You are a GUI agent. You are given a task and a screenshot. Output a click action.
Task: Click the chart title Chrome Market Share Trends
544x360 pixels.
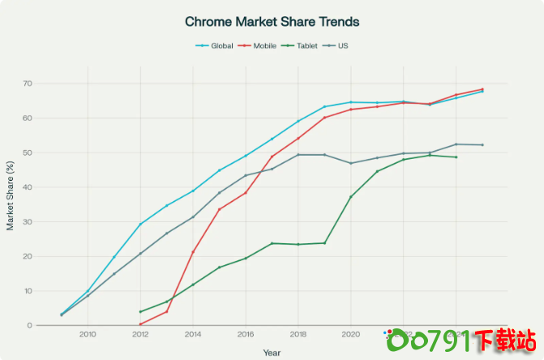point(272,21)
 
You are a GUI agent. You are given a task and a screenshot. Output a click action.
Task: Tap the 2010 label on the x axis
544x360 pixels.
point(88,334)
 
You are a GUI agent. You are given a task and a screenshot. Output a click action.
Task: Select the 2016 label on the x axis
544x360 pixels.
point(246,334)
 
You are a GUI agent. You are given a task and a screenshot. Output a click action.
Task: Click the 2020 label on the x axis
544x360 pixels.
point(351,334)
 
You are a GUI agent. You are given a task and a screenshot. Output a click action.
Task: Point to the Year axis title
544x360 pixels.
point(272,353)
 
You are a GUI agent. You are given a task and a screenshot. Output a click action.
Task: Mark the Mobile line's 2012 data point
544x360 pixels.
point(140,324)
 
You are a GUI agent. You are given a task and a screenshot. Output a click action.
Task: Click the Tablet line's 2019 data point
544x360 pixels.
point(325,243)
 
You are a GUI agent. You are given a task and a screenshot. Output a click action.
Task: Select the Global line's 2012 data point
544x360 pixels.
point(140,224)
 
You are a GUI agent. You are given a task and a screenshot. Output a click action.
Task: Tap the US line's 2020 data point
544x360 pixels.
point(351,163)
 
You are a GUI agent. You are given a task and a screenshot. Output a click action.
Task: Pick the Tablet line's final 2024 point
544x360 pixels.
point(456,156)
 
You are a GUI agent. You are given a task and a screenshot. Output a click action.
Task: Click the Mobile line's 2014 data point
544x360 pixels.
point(193,252)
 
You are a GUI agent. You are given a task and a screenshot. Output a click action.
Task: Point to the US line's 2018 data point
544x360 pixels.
point(298,154)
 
